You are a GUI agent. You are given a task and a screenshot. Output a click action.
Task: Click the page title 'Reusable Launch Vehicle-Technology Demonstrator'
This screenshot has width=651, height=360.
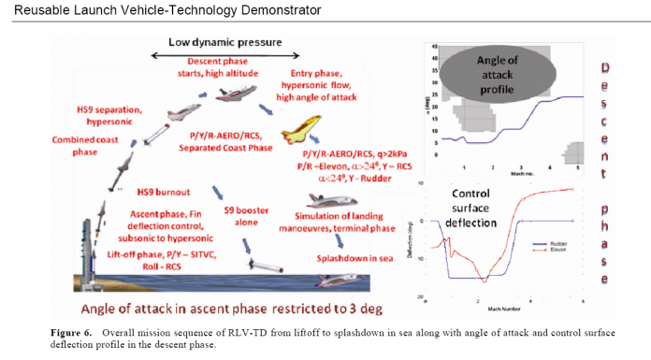(x=162, y=10)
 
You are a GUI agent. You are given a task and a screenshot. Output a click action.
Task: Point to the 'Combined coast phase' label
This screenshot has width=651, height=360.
(x=66, y=148)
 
